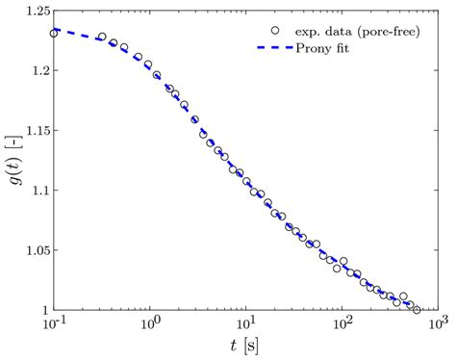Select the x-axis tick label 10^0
tap(150, 325)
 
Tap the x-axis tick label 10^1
tap(246, 325)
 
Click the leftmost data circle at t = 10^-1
tap(55, 34)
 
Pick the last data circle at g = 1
tap(417, 310)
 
